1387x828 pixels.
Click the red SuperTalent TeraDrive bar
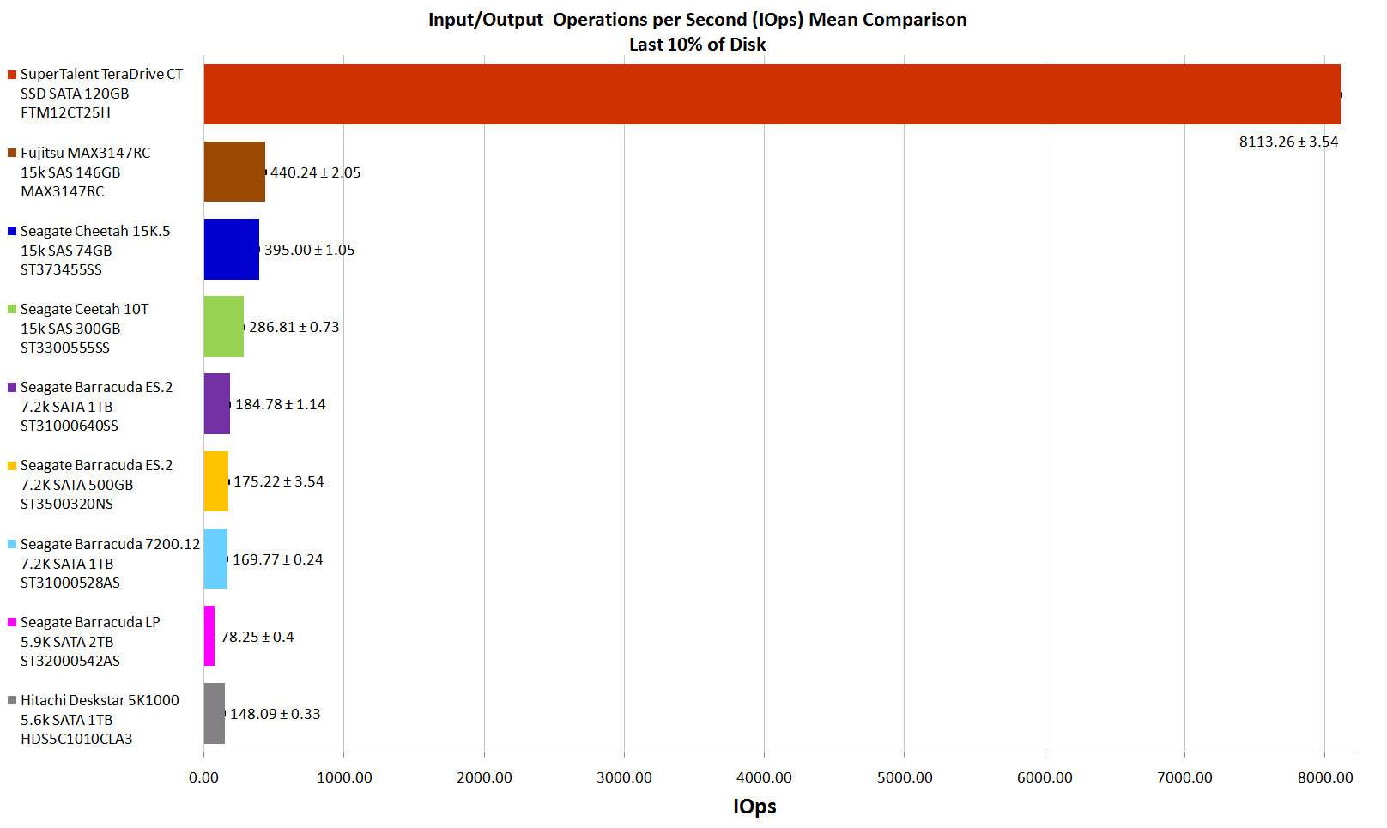coord(772,94)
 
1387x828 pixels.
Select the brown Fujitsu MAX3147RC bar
coord(234,172)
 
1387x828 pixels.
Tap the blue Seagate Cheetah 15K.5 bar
coord(231,249)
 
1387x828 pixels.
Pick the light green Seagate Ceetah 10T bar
coord(223,326)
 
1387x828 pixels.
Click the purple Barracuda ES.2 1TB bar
coord(216,403)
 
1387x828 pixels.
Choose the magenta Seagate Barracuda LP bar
coord(209,636)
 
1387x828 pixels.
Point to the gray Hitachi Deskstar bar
coord(214,713)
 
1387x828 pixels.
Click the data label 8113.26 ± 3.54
coord(1288,142)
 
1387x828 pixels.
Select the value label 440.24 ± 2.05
coord(315,172)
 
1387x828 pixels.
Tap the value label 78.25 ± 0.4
coord(257,637)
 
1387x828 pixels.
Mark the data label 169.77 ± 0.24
coord(277,559)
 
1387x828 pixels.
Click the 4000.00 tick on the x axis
coord(764,777)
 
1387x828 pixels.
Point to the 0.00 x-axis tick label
coord(203,777)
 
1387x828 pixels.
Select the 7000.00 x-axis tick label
coord(1184,777)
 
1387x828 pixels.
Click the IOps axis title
coord(754,807)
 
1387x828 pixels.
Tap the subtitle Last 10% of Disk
coord(697,45)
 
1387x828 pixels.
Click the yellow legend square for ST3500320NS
coord(12,466)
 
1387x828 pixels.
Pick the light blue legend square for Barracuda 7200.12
coord(12,544)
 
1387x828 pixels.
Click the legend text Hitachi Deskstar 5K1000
coord(100,700)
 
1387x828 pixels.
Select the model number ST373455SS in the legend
coord(61,269)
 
